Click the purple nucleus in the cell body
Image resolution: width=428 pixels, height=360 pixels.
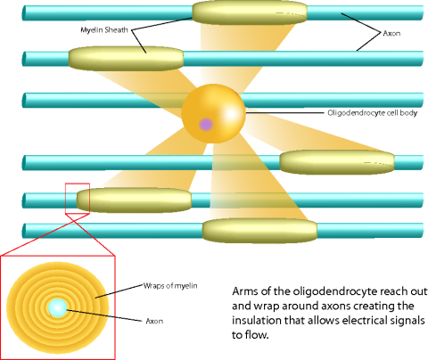206,125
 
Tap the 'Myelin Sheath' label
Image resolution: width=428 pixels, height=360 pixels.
104,29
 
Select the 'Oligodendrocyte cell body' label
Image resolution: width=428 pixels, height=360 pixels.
373,113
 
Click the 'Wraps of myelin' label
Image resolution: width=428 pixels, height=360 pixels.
170,286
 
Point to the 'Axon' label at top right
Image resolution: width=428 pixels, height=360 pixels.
391,33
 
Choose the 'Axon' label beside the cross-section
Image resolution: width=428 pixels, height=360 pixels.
154,321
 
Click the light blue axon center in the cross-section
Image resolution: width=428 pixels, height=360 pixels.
57,307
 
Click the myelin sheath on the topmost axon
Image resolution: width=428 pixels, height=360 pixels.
250,12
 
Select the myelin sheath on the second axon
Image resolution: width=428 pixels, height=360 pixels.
126,58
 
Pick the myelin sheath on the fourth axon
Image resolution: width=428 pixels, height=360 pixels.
337,162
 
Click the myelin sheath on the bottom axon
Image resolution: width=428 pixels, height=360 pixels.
259,231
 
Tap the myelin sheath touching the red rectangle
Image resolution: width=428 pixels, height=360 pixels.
135,200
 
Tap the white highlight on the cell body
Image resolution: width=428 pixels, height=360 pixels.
230,114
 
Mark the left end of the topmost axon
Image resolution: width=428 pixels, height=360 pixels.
23,12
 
